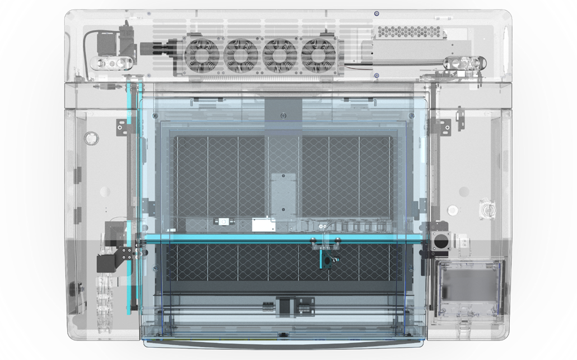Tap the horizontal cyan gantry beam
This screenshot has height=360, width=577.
pyautogui.click(x=280, y=238)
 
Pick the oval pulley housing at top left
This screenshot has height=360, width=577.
pyautogui.click(x=113, y=64)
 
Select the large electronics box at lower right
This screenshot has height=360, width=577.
pyautogui.click(x=469, y=288)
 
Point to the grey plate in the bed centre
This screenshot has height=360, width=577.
pyautogui.click(x=283, y=193)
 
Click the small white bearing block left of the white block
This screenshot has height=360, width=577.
pyautogui.click(x=225, y=223)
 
